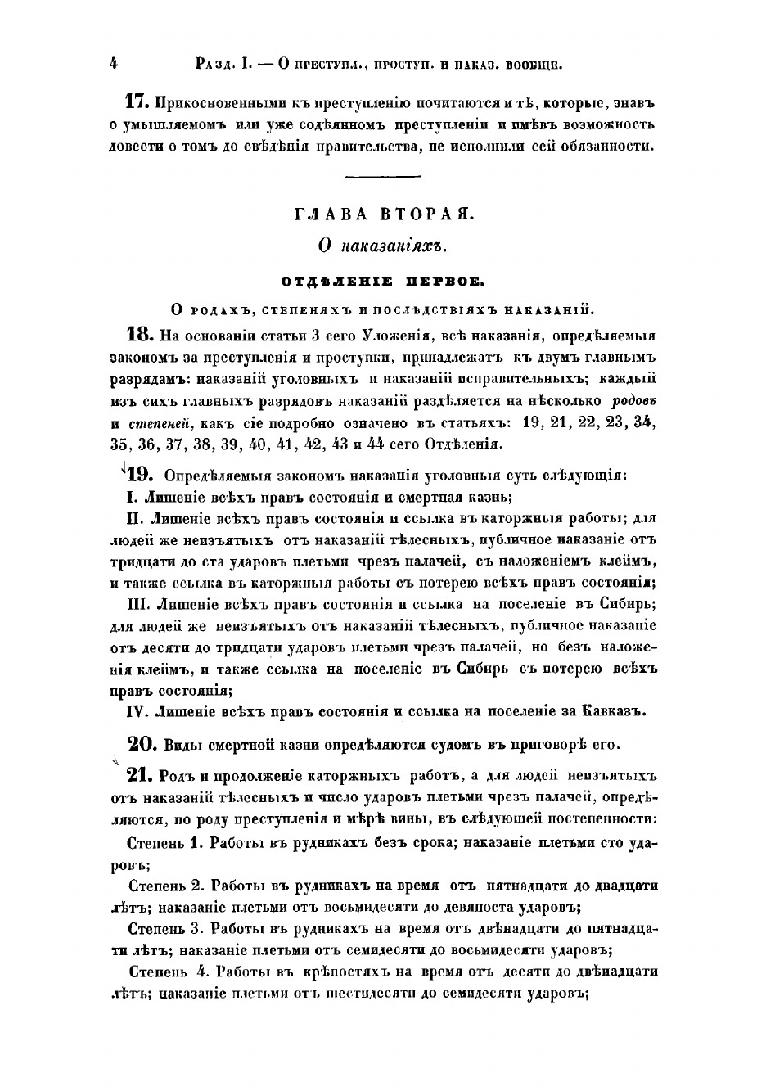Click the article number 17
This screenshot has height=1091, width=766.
[x=136, y=103]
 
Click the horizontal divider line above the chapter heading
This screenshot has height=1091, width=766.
[x=382, y=176]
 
